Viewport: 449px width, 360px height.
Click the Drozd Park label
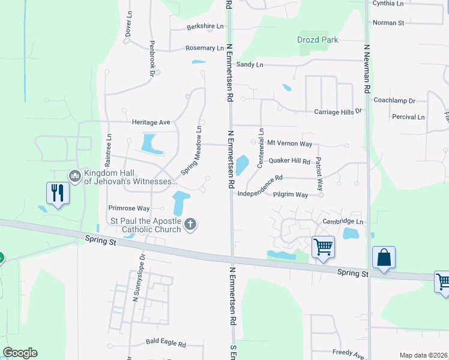coord(318,40)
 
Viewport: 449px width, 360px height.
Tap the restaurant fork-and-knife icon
coord(58,193)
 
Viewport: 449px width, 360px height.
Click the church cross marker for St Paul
coord(190,225)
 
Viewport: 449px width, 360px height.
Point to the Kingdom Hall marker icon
coord(75,176)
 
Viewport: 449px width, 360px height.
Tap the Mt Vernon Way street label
coord(289,143)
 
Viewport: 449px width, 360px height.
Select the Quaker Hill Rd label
coord(289,161)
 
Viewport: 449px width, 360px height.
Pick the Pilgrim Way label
coord(291,195)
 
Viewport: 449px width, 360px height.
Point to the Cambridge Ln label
coord(343,221)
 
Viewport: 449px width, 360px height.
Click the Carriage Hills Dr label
coord(339,112)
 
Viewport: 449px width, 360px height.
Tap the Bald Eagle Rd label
coord(166,344)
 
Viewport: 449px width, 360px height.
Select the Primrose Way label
coord(128,208)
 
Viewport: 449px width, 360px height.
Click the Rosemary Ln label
coord(205,48)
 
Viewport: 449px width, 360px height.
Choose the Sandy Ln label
coord(250,64)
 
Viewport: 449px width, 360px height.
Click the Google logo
coord(20,353)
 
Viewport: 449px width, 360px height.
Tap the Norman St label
coord(388,23)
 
